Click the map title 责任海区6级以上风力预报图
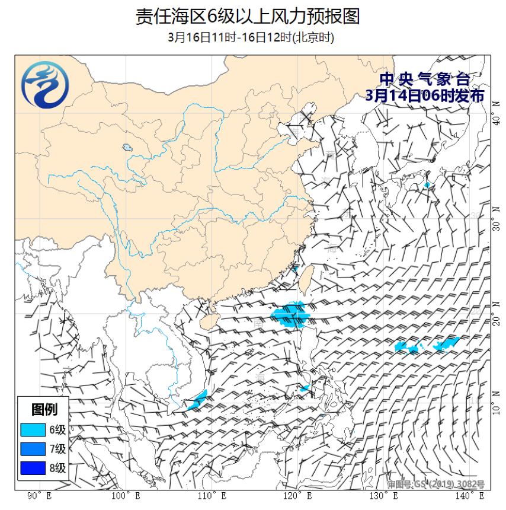248,16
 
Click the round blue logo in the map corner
44,88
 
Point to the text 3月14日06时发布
425,95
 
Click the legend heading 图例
44,409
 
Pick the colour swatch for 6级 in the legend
32,429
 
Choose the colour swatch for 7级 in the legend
32,449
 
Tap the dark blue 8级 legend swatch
32,468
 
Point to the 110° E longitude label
212,495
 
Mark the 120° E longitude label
297,495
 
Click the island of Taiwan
306,278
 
